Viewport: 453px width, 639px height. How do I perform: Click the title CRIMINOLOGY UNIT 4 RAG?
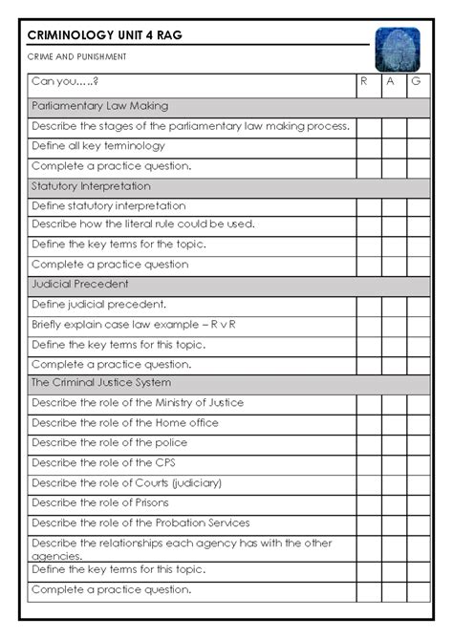point(105,36)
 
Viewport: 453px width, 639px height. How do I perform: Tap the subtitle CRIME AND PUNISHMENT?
point(76,57)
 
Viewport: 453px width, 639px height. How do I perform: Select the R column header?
point(364,83)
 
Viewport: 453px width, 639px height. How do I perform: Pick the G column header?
point(417,83)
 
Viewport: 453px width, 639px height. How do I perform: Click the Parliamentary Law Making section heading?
point(99,106)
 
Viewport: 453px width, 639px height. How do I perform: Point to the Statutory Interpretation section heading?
point(91,186)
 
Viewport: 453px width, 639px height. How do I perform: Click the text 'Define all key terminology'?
point(98,146)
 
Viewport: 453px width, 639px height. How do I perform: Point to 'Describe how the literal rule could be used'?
point(143,224)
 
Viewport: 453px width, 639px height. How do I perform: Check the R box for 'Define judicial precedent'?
point(368,305)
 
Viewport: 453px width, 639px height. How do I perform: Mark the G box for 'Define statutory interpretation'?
point(419,205)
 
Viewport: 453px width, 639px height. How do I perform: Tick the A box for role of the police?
point(393,442)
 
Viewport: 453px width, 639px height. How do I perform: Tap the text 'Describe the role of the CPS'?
point(104,462)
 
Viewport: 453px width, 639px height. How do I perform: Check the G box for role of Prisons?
point(419,501)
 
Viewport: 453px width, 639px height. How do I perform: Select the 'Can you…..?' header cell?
point(66,83)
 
